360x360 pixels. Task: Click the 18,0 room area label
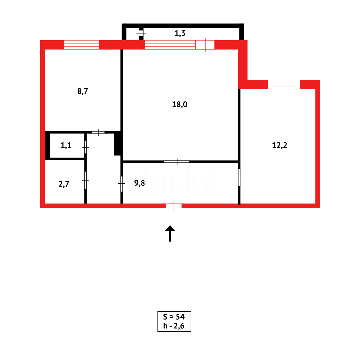coord(180,104)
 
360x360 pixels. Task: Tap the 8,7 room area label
coord(82,91)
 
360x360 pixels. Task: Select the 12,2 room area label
coord(279,145)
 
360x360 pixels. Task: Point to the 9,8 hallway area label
coord(139,183)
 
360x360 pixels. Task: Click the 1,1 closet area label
coord(66,145)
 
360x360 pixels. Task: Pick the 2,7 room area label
coord(64,184)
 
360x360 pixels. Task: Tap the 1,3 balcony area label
coord(180,33)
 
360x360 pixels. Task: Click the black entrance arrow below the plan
coord(170,233)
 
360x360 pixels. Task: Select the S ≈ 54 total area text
coord(174,317)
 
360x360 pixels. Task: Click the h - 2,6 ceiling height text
coord(174,326)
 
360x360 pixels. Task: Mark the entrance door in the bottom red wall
coord(173,206)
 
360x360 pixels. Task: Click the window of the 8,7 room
coord(81,45)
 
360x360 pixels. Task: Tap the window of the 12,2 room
coord(284,85)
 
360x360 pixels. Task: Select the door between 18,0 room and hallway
coord(177,161)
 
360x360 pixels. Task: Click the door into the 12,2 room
coord(239,177)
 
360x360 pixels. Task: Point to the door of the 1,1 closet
coord(85,147)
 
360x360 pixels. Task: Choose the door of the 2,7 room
coord(85,180)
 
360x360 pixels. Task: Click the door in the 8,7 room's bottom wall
coord(98,132)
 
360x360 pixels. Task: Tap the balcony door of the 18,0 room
coord(205,45)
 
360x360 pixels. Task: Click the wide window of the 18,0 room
coord(170,45)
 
